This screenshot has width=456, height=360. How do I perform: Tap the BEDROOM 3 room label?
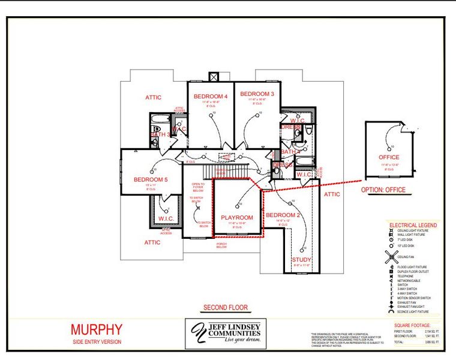point(257,94)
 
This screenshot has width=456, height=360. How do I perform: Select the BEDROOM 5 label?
point(151,179)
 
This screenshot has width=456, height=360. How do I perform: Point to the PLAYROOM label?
point(237,217)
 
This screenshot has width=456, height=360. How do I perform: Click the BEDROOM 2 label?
point(283,215)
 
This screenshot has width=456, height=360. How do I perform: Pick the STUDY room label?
point(302,260)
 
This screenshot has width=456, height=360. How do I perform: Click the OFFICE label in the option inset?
point(389,157)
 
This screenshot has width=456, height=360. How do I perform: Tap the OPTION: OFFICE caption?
point(383,190)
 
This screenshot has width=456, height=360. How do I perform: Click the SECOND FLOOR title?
point(225,308)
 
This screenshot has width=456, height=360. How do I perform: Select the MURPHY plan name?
point(97,329)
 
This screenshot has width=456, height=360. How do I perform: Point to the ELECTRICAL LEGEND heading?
point(413,225)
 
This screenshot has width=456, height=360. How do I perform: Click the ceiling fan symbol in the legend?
point(391,257)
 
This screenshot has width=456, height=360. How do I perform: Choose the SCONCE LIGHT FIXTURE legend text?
point(412,312)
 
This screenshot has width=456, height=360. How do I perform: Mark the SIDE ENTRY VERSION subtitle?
point(96,341)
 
